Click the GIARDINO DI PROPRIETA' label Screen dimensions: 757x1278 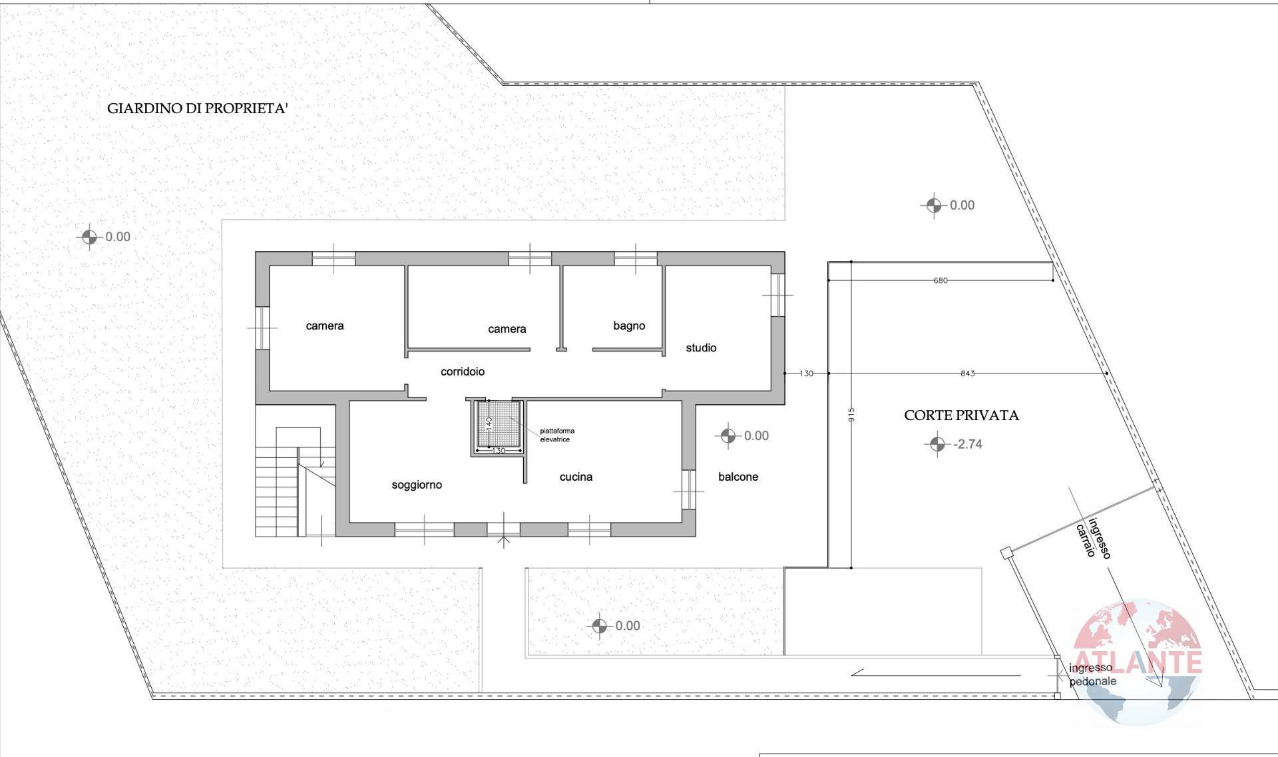point(197,109)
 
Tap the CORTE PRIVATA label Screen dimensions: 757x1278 point(961,415)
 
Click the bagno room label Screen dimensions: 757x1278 point(629,326)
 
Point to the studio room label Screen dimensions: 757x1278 point(701,348)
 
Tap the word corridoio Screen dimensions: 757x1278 point(463,372)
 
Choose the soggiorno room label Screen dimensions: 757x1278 point(417,485)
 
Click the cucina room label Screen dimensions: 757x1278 point(576,477)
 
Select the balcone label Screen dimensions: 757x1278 point(738,477)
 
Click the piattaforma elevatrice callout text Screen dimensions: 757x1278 point(556,435)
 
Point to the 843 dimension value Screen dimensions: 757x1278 point(967,374)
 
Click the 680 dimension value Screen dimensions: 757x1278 point(940,280)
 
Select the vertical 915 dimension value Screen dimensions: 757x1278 point(851,414)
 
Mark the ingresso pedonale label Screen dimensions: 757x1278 point(1092,674)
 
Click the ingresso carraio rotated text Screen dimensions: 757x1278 point(1092,539)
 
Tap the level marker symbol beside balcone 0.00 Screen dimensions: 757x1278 point(728,436)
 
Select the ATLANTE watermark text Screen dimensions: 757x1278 point(1138,662)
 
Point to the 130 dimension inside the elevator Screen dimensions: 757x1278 point(499,451)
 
